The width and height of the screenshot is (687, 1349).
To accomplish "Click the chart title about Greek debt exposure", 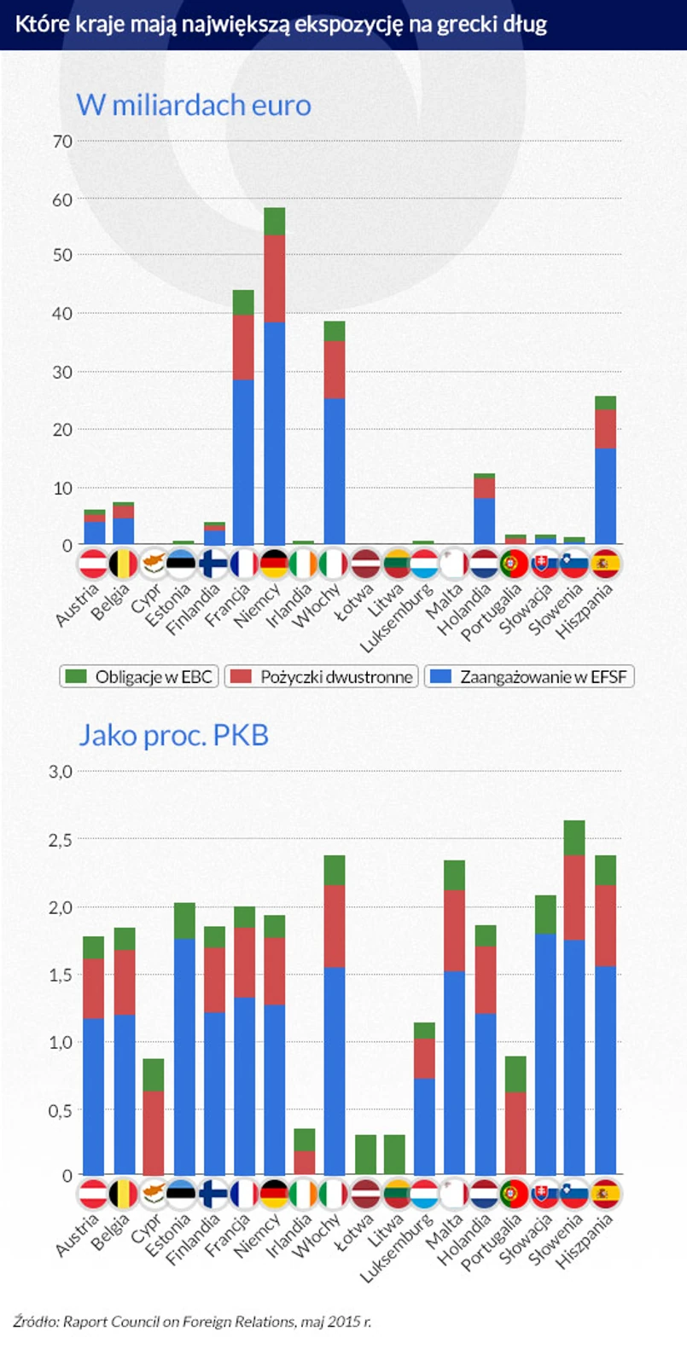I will (x=281, y=24).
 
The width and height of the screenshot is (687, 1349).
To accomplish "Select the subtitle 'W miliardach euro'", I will (x=194, y=105).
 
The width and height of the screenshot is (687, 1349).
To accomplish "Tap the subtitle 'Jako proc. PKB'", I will (x=173, y=735).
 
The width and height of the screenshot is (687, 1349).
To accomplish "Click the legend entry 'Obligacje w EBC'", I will (x=140, y=677).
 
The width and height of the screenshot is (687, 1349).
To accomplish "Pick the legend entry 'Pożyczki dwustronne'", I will (x=322, y=677).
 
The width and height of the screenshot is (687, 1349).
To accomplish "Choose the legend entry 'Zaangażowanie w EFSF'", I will (x=529, y=677).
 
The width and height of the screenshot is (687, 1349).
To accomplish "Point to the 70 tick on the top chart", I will (x=62, y=142).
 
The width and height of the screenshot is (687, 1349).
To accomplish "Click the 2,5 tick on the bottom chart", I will (x=61, y=840).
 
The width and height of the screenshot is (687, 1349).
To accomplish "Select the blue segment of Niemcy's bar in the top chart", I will (x=274, y=433).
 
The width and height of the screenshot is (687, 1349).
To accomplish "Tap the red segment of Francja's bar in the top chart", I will (x=244, y=347).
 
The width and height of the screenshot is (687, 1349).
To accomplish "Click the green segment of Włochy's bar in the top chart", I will (x=335, y=331).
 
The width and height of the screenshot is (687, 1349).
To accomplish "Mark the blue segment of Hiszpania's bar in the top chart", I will (x=605, y=495).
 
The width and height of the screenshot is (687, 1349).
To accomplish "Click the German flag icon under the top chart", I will (x=274, y=564).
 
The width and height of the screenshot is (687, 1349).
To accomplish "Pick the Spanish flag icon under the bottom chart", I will (x=605, y=1193).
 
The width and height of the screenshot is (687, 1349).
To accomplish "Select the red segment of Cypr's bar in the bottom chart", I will (x=154, y=1132).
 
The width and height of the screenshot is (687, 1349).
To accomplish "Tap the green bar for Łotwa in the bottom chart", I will (x=365, y=1154).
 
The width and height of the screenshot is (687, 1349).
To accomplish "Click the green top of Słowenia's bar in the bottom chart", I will (x=574, y=838).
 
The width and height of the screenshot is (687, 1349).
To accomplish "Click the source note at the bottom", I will (x=193, y=1322).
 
